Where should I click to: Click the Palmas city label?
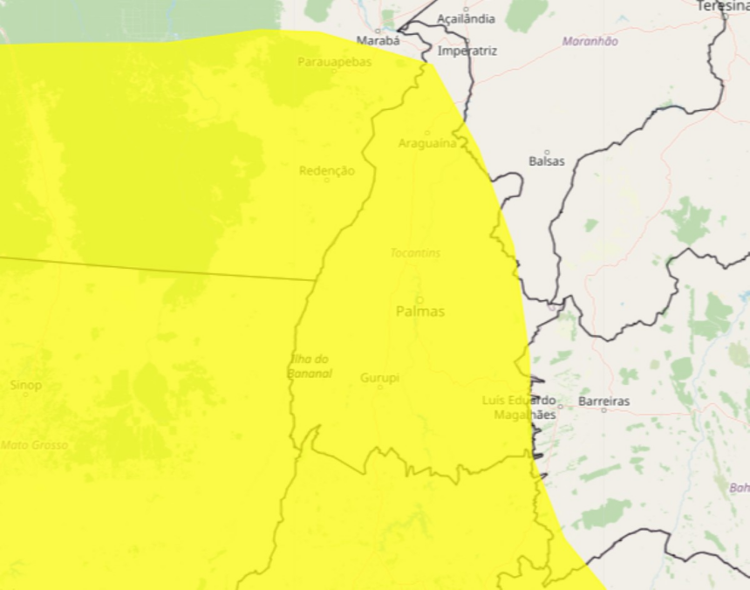tap(419, 312)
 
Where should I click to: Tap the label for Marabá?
tap(378, 40)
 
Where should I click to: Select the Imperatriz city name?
tap(467, 51)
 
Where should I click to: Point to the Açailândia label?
tap(466, 18)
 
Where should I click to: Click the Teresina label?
tap(723, 6)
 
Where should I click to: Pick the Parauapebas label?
tap(335, 62)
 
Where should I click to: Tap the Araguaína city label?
tap(427, 143)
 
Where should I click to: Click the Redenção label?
tap(327, 171)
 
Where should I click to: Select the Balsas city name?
tap(547, 161)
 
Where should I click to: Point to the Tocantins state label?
tap(415, 253)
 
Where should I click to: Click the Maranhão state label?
tap(590, 41)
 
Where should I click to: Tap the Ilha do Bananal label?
tap(310, 367)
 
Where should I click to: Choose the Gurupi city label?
tap(379, 378)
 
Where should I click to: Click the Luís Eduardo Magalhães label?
tap(519, 408)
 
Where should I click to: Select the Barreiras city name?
tap(603, 401)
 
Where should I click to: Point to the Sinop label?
tap(25, 385)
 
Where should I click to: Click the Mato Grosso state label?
tap(35, 445)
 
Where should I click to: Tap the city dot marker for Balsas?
tap(547, 152)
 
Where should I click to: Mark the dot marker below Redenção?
tap(327, 181)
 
